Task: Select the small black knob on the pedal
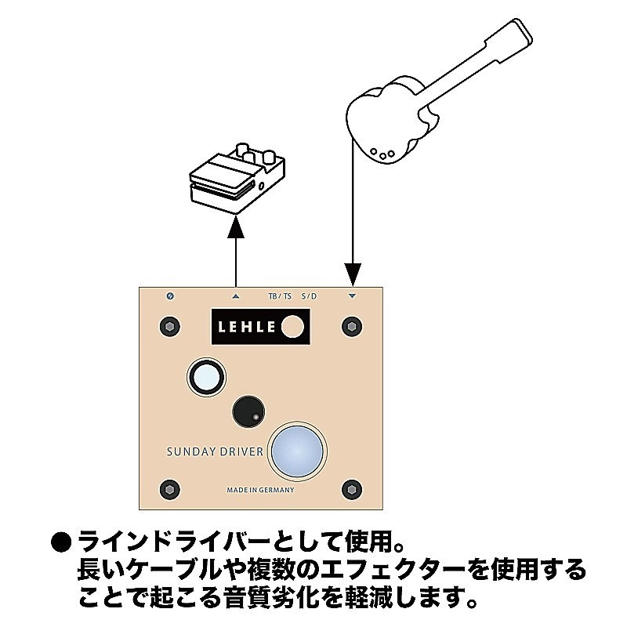click(x=248, y=411)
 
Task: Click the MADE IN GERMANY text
click(x=260, y=490)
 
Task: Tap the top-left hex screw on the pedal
click(x=167, y=326)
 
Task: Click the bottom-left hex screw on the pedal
click(x=167, y=490)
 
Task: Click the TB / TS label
click(x=280, y=297)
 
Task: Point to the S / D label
click(x=309, y=297)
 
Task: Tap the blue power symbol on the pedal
click(x=171, y=296)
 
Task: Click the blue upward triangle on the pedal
click(x=236, y=296)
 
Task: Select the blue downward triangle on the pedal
click(x=352, y=296)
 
